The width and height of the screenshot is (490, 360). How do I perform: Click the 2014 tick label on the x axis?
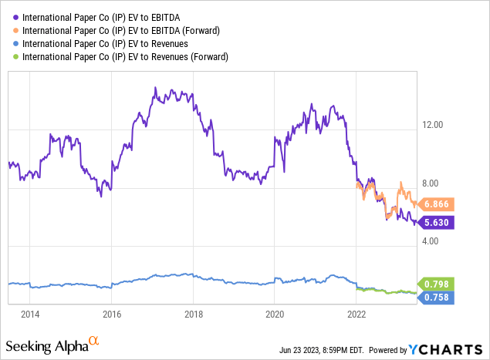pyautogui.click(x=30, y=314)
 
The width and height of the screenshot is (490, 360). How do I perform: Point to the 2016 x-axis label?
pyautogui.click(x=112, y=314)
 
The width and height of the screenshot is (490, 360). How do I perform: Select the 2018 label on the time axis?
pyautogui.click(x=194, y=314)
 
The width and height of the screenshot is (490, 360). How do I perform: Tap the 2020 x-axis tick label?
pyautogui.click(x=275, y=314)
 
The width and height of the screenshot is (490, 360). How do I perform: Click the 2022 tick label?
pyautogui.click(x=357, y=314)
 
